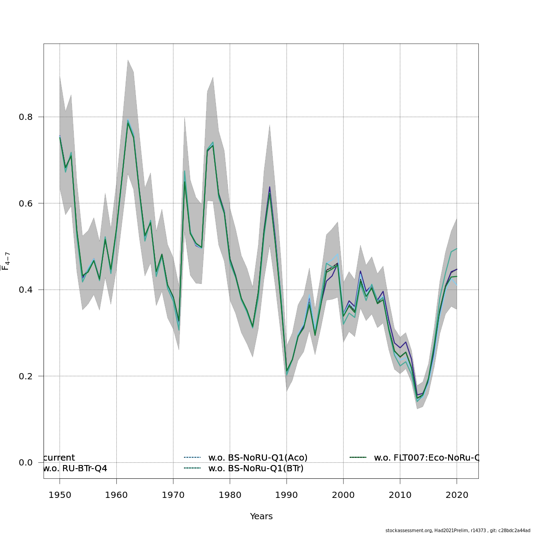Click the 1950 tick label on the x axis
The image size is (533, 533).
click(60, 495)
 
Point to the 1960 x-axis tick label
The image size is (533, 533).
click(116, 495)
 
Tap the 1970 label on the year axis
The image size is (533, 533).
click(173, 495)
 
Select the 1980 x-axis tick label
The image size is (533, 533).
click(230, 495)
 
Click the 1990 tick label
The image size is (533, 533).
click(286, 495)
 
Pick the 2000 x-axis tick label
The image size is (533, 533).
click(343, 495)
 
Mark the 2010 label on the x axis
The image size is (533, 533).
click(400, 495)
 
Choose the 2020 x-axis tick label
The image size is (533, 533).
click(457, 495)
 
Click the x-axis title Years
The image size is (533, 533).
click(261, 517)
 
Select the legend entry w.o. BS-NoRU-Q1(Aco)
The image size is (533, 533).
click(258, 457)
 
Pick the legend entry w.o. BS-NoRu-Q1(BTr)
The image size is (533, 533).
click(256, 468)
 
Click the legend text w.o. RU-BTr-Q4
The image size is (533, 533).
click(75, 468)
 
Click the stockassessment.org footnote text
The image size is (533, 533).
click(457, 530)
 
